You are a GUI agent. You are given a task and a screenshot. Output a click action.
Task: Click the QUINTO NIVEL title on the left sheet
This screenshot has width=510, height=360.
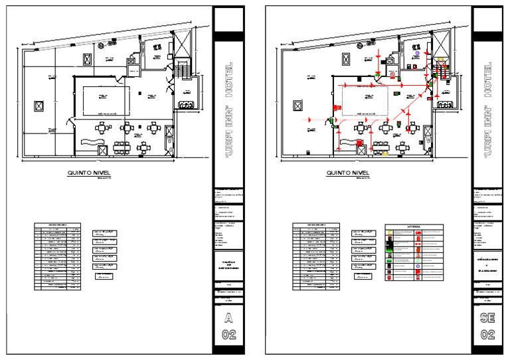pos(88,173)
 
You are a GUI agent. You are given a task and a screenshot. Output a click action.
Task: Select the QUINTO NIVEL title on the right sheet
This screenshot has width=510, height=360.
pos(347,173)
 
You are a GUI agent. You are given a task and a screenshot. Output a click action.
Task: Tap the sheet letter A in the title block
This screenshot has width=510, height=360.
pos(228,317)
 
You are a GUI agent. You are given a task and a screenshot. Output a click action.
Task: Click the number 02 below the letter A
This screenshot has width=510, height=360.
pos(228,334)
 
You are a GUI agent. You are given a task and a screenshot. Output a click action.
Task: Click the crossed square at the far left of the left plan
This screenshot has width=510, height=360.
pos(39,106)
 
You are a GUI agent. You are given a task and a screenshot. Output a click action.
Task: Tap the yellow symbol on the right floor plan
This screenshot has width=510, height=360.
pos(385,153)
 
